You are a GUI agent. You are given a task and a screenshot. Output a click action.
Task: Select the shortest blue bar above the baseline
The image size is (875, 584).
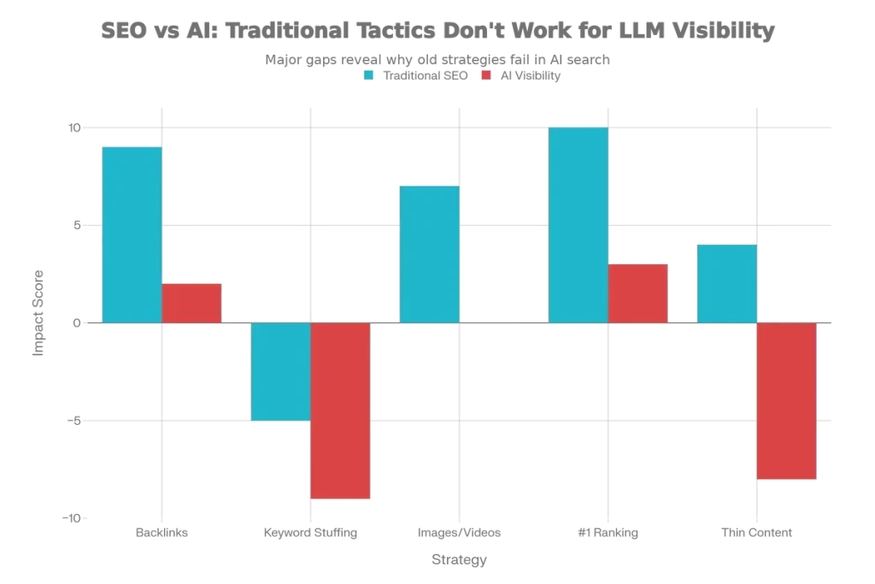(726, 284)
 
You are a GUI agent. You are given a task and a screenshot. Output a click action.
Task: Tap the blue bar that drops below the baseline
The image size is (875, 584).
(279, 371)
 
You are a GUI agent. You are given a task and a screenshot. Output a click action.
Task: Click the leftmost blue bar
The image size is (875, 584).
(132, 234)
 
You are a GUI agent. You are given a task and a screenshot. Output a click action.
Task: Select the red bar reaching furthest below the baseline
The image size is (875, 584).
(340, 410)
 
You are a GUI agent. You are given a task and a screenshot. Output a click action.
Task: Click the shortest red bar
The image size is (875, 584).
(192, 303)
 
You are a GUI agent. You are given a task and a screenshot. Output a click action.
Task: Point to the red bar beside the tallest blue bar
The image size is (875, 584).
(638, 293)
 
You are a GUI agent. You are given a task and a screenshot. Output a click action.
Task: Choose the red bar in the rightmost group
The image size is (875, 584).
(787, 402)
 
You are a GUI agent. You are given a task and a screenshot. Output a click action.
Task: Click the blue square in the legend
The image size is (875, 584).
(369, 75)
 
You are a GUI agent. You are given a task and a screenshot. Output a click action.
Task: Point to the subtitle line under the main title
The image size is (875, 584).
(437, 58)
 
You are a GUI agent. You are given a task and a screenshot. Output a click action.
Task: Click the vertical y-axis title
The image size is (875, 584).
(37, 313)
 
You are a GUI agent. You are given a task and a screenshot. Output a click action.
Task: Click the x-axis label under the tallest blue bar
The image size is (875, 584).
(608, 534)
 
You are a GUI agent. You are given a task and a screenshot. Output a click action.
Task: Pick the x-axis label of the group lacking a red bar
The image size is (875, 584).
(461, 534)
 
